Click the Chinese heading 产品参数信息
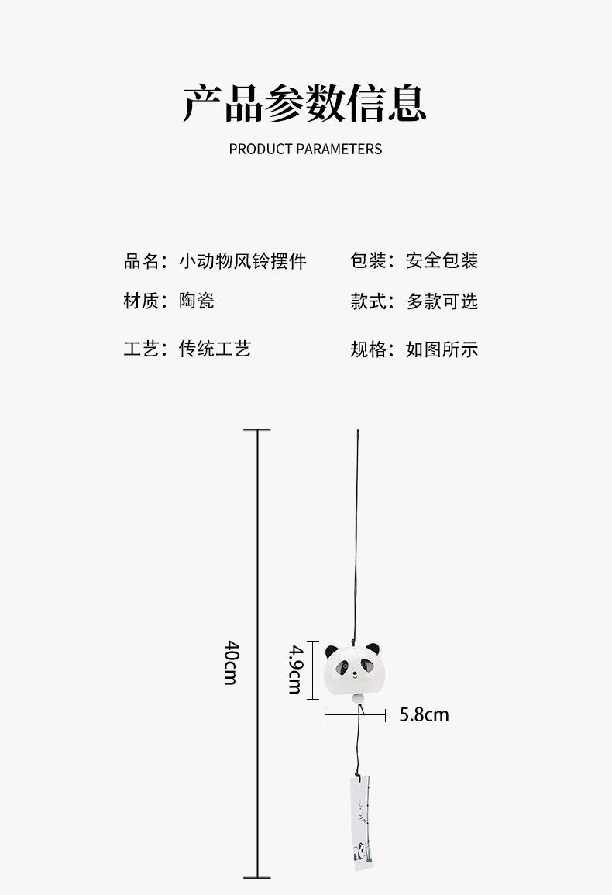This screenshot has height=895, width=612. (x=305, y=103)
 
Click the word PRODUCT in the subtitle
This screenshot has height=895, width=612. (x=260, y=149)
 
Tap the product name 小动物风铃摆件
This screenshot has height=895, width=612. (x=242, y=261)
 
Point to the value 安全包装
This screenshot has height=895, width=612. (x=442, y=261)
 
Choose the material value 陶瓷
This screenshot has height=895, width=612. (x=197, y=301)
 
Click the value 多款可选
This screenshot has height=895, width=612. (x=442, y=301)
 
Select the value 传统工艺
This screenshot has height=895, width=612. (x=215, y=349)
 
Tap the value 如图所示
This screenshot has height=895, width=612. (x=442, y=349)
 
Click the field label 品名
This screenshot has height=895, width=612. (x=141, y=261)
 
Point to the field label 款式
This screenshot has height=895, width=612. (x=368, y=301)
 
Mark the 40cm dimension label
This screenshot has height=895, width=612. (x=231, y=662)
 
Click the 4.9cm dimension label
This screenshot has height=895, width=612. (x=295, y=669)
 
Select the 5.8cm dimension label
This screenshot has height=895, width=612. (x=424, y=714)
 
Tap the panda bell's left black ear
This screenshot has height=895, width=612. (x=332, y=652)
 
